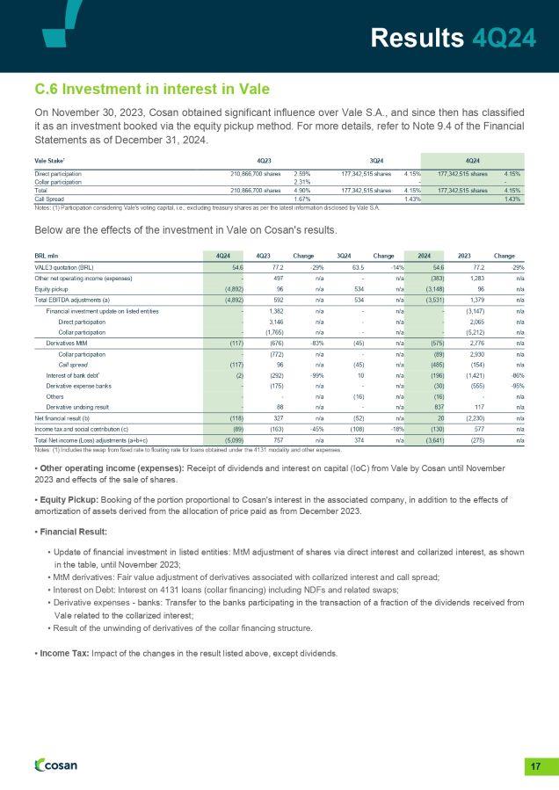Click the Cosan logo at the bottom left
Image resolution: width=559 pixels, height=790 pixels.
point(55,765)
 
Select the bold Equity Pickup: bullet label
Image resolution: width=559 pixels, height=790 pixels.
point(70,498)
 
